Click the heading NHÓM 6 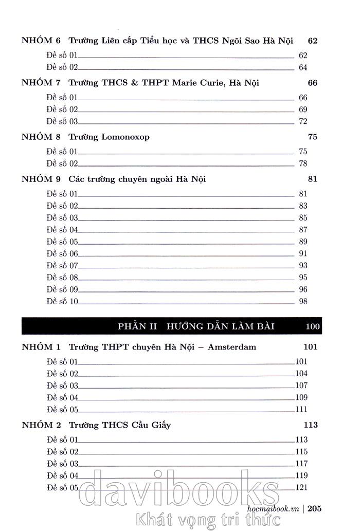click(x=41, y=41)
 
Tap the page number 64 click(x=302, y=67)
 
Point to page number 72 click(x=302, y=121)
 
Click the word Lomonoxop click(x=126, y=137)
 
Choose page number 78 click(x=302, y=163)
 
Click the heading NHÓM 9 click(x=41, y=179)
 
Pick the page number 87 click(x=302, y=230)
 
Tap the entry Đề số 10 click(x=62, y=301)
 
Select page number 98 click(x=302, y=301)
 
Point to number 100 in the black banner click(x=312, y=326)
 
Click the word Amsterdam click(x=231, y=347)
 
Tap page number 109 click(x=301, y=397)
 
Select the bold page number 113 click(x=311, y=425)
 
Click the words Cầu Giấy click(x=151, y=425)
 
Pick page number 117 click(x=301, y=464)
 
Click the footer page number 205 click(x=315, y=508)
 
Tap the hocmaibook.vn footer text click(x=273, y=508)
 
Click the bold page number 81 click(x=312, y=179)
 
